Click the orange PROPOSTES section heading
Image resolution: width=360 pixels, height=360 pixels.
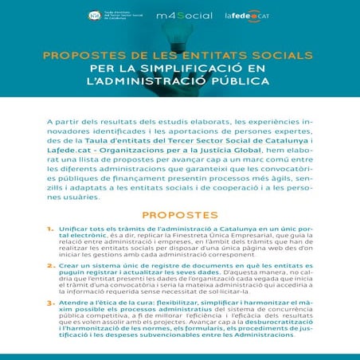pos(180,215)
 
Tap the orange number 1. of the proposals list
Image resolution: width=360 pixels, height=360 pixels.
pos(50,229)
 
